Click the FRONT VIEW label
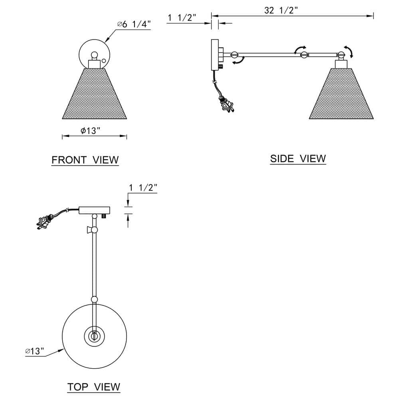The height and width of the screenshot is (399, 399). point(85,160)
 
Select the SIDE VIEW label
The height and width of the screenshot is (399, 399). point(298,158)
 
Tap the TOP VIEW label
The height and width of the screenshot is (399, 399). point(94,387)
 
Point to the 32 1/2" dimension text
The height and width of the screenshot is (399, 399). point(281,10)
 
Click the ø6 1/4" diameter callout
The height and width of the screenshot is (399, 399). point(134,24)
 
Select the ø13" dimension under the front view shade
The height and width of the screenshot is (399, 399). point(90,130)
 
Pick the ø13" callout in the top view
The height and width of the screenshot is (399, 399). point(35,351)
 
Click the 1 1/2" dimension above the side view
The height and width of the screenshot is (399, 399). point(182,18)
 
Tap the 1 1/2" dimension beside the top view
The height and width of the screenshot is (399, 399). point(143,188)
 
